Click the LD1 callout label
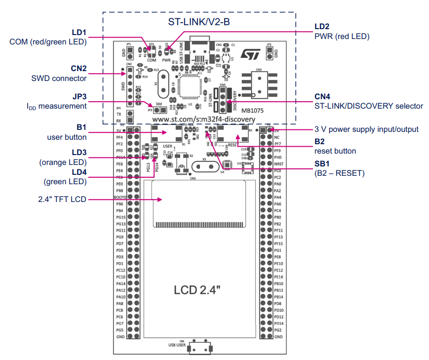click(x=79, y=33)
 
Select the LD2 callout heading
click(x=322, y=27)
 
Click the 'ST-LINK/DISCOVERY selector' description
click(x=368, y=106)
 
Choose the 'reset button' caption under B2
click(x=335, y=151)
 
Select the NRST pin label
click(x=278, y=164)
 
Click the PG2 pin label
click(x=278, y=330)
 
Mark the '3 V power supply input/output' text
click(x=366, y=129)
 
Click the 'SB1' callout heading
click(x=323, y=164)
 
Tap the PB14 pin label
click(x=279, y=297)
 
